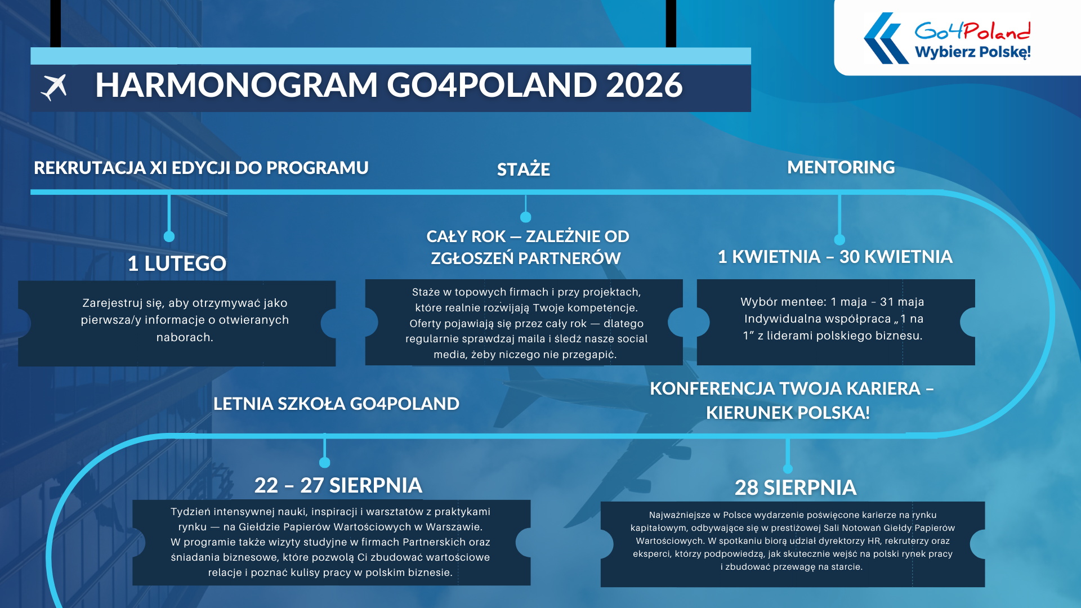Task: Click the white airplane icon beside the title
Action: tap(54, 87)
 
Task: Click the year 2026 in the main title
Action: tap(644, 85)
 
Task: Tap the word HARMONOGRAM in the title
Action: tap(236, 85)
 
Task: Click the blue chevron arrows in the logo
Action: tap(886, 38)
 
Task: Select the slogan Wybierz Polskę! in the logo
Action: tap(973, 52)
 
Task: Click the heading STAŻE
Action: tap(524, 169)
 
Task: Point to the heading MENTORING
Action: tap(841, 167)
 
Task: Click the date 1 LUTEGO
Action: tap(177, 263)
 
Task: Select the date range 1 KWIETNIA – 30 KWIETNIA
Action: tap(835, 257)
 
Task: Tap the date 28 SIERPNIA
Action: tap(796, 488)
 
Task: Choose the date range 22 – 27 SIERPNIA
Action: tap(338, 485)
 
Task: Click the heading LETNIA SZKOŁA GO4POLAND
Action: tap(336, 404)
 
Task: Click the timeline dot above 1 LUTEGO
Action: tap(169, 236)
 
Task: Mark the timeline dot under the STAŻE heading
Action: tap(526, 217)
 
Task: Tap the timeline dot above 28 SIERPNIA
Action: tap(788, 469)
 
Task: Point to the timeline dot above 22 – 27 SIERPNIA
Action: tap(324, 463)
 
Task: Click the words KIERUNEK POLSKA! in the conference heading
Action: tap(788, 413)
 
